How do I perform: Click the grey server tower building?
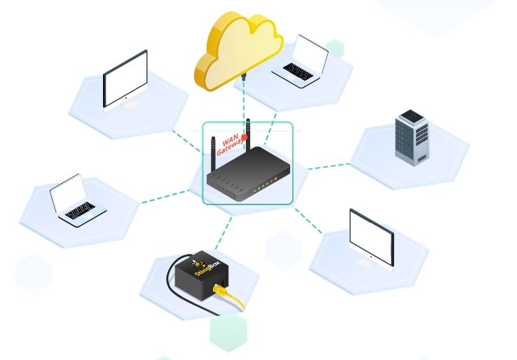(411, 137)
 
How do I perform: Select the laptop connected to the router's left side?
(76, 200)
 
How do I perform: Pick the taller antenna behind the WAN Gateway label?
(247, 129)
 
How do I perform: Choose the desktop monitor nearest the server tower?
(371, 235)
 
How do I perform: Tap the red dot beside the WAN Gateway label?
(244, 138)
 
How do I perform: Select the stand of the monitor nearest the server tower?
(368, 263)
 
